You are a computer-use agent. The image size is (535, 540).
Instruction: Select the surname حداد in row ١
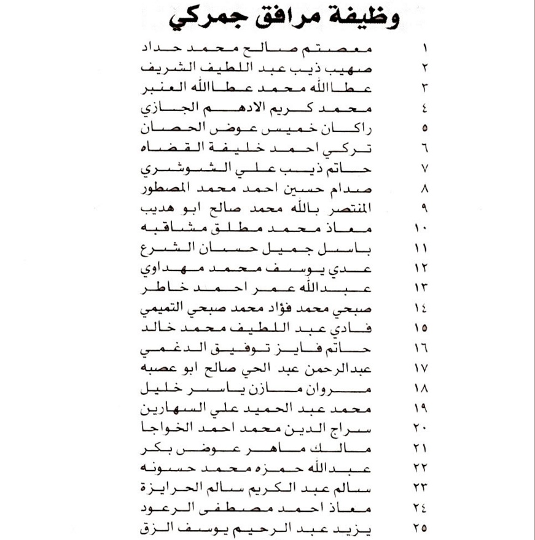click(160, 48)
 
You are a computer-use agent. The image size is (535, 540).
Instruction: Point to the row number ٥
click(425, 129)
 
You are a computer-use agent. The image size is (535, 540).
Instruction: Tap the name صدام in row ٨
click(359, 188)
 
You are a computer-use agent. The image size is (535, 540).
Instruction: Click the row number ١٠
click(423, 229)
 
